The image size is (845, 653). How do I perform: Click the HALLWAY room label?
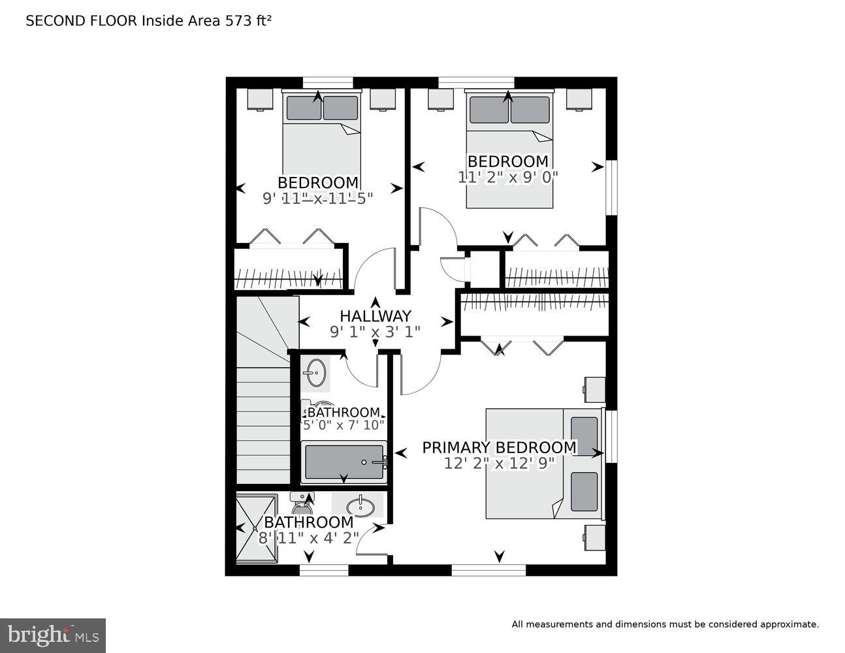pyautogui.click(x=375, y=316)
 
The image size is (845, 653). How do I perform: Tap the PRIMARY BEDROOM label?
pyautogui.click(x=499, y=447)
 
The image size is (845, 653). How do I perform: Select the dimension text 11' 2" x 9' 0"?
pyautogui.click(x=508, y=176)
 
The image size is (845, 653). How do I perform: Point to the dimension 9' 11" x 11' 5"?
pyautogui.click(x=317, y=199)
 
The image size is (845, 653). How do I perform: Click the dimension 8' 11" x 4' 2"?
pyautogui.click(x=309, y=538)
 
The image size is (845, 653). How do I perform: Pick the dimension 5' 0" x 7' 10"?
pyautogui.click(x=343, y=425)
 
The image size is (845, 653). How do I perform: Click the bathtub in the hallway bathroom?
pyautogui.click(x=344, y=462)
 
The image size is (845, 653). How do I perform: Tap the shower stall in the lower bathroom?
pyautogui.click(x=256, y=528)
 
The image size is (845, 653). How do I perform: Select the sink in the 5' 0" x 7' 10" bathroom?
pyautogui.click(x=315, y=374)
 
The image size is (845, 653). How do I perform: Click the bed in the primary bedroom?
pyautogui.click(x=543, y=464)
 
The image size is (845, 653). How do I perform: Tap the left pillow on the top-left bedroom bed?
pyautogui.click(x=304, y=108)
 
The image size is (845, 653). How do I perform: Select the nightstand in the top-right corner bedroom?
pyautogui.click(x=579, y=99)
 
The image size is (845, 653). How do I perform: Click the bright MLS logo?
pyautogui.click(x=53, y=635)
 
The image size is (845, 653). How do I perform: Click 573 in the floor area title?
pyautogui.click(x=237, y=21)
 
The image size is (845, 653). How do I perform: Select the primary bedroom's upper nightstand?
pyautogui.click(x=594, y=389)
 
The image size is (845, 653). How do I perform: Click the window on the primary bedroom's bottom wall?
pyautogui.click(x=488, y=570)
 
